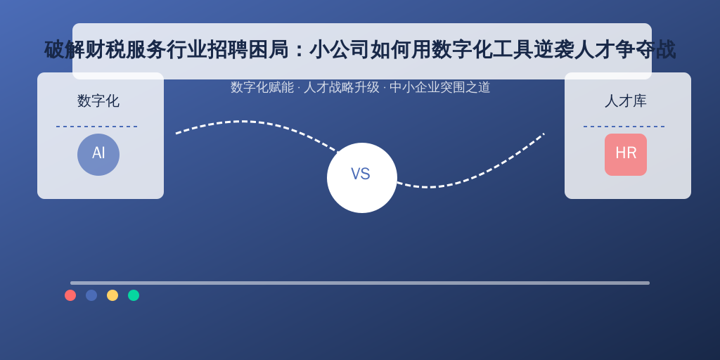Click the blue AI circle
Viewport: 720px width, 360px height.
tap(98, 155)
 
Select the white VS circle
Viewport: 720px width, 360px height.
tap(362, 178)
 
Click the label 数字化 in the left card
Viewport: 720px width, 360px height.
tap(98, 101)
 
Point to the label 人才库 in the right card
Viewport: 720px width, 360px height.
tap(625, 101)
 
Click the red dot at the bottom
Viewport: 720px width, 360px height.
tap(70, 295)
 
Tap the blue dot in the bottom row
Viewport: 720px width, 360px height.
tap(91, 295)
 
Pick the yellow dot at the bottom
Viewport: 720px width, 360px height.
tap(112, 295)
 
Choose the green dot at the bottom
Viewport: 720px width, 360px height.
tap(134, 295)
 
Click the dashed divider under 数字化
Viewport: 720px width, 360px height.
tap(97, 127)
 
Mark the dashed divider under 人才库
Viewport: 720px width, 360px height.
tap(624, 127)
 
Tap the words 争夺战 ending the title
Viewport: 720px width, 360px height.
tap(645, 50)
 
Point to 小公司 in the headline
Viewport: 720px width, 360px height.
tap(340, 50)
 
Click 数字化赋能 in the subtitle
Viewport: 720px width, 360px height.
tap(262, 87)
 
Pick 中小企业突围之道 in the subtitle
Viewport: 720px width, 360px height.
tap(440, 87)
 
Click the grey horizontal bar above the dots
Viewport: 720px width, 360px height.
tap(360, 283)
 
